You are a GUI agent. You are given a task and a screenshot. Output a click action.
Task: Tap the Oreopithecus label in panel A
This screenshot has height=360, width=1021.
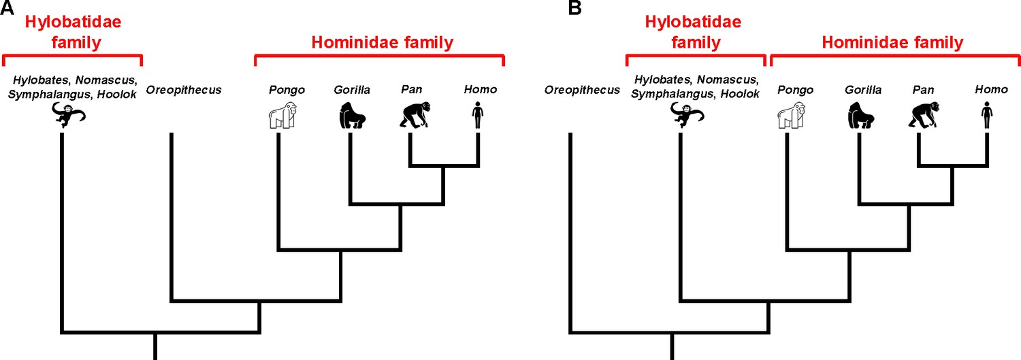tap(184, 90)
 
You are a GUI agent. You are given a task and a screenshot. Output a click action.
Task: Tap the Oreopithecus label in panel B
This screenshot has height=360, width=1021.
tap(582, 90)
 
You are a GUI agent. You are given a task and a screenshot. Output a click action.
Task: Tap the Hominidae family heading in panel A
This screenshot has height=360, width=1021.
tap(382, 43)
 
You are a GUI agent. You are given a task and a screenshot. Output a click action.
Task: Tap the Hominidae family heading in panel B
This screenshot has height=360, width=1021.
tap(892, 43)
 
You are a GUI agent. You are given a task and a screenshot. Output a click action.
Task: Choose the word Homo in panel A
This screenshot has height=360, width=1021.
tap(480, 90)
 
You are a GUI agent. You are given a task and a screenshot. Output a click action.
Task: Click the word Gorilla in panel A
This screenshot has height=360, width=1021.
tap(352, 90)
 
